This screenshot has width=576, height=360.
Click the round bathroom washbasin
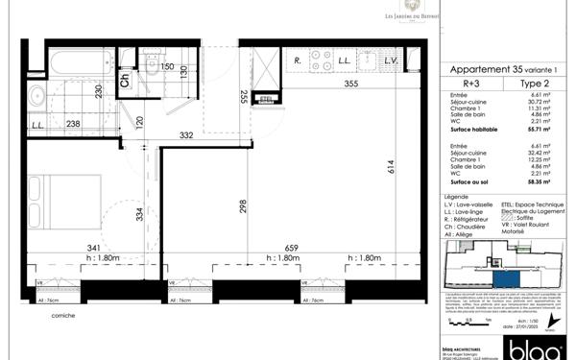pos(37,96)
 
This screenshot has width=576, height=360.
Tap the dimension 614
pos(391,165)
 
